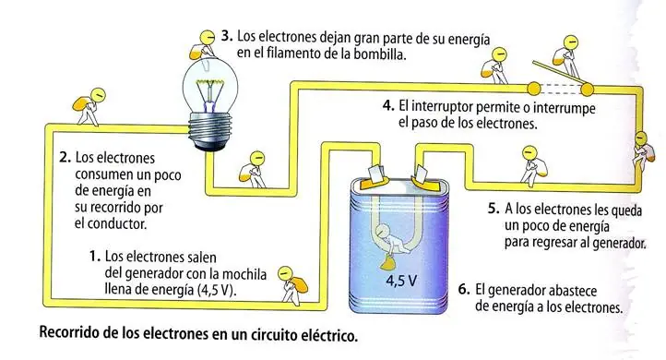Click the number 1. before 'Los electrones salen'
pyautogui.click(x=93, y=254)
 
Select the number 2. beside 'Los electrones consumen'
pyautogui.click(x=65, y=157)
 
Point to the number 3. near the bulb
pyautogui.click(x=227, y=37)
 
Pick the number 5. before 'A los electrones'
pyautogui.click(x=494, y=209)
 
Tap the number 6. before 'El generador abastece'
pyautogui.click(x=464, y=289)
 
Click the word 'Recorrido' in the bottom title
pyautogui.click(x=72, y=332)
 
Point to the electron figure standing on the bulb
pyautogui.click(x=202, y=38)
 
